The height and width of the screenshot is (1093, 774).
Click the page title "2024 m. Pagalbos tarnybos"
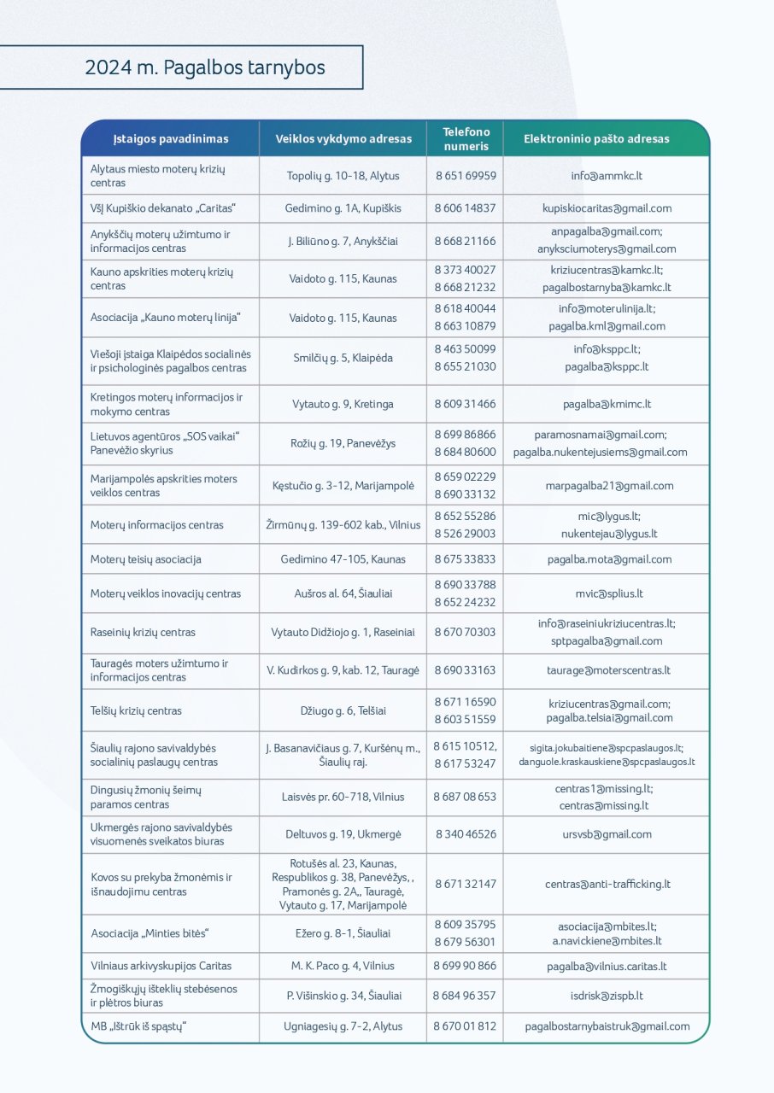pos(205,67)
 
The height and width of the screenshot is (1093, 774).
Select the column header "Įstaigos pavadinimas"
pos(171,138)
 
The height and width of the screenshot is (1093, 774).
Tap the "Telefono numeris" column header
pos(466,138)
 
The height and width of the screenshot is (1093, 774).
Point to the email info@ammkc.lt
pos(607,176)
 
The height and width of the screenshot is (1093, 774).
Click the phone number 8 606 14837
pos(466,208)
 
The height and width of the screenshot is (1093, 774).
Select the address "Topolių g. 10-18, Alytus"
pos(343,176)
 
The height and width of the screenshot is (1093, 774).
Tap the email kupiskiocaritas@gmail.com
pos(607,208)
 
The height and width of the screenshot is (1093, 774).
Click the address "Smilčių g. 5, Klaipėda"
pos(343,359)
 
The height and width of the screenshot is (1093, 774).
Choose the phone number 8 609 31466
pos(466,404)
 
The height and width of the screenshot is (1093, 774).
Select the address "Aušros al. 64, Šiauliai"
pos(343,593)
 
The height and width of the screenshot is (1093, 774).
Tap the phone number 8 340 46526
pos(466,834)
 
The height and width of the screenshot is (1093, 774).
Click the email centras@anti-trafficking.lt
pos(607,885)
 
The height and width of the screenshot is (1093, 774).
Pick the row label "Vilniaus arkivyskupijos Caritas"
pos(161,967)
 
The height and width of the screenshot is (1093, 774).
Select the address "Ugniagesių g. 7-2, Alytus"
pos(343,1026)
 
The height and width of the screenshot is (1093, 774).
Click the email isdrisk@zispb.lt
pos(607,996)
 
